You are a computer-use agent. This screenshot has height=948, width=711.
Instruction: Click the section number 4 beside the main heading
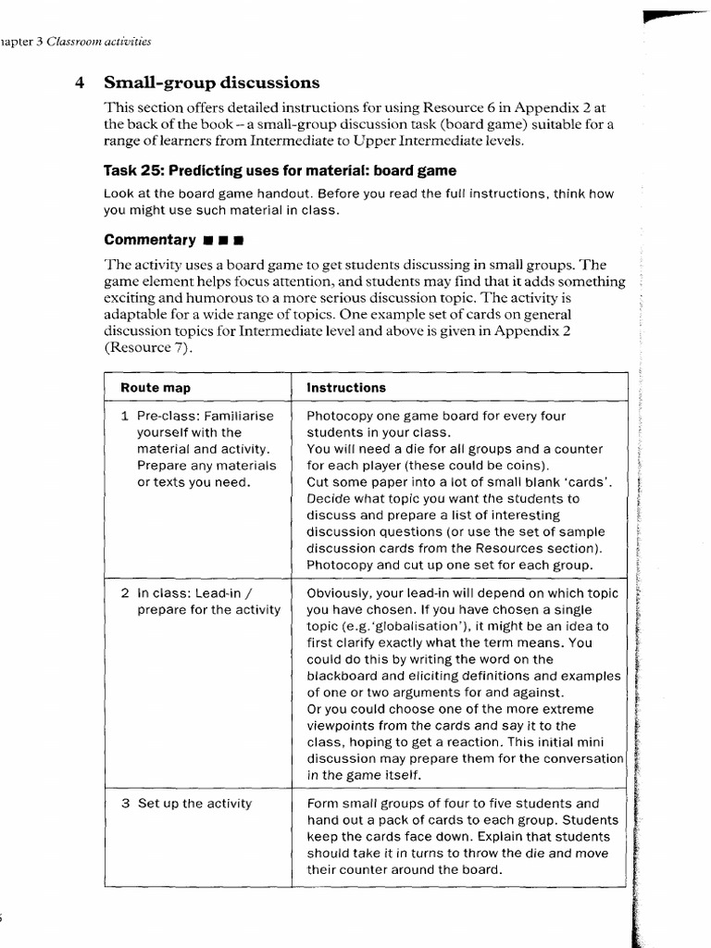[80, 82]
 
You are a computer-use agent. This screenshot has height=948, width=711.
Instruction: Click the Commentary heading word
[149, 240]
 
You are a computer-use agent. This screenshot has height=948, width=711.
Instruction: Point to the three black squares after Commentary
[222, 241]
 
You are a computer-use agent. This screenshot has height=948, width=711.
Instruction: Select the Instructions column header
[346, 388]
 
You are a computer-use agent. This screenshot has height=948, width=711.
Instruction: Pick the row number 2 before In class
[125, 592]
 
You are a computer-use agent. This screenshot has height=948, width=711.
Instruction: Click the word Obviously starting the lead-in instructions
[340, 592]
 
